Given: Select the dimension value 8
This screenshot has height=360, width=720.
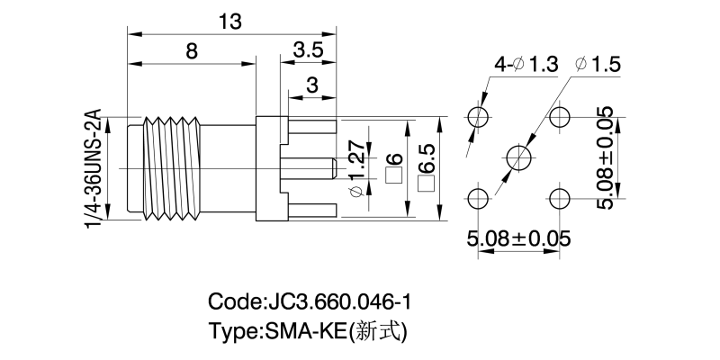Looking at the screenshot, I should [x=192, y=51].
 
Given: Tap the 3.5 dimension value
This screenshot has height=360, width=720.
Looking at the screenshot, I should [x=308, y=51].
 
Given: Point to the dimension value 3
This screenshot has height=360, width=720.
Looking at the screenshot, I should [x=312, y=85].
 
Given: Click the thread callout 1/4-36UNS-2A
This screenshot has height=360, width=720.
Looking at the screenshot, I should [x=94, y=169].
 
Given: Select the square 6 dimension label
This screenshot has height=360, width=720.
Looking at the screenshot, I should [x=392, y=168].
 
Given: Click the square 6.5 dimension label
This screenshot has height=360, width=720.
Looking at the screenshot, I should [x=426, y=168].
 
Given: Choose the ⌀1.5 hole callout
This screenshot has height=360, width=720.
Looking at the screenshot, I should [x=597, y=65].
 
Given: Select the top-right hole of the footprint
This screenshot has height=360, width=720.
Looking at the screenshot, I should [x=560, y=117].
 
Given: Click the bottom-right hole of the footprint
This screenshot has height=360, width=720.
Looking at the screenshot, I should [x=560, y=197].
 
